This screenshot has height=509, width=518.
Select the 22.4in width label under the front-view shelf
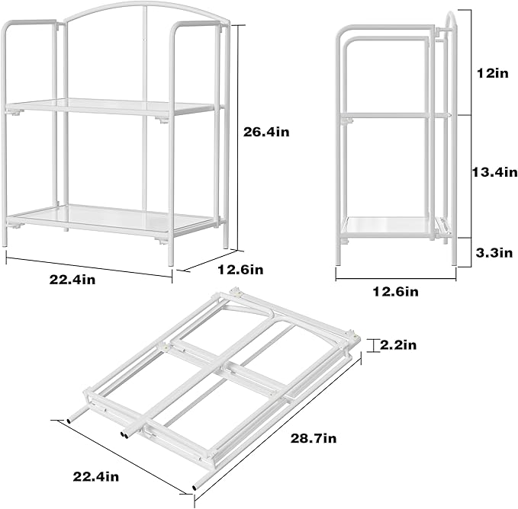[x=72, y=280]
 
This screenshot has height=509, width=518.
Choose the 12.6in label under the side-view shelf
[x=396, y=290]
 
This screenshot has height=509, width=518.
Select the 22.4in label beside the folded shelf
[x=96, y=477]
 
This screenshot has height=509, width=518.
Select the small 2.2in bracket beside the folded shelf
[x=373, y=346]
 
